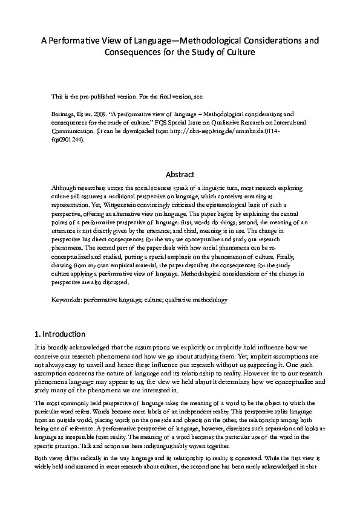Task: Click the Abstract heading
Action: (180, 174)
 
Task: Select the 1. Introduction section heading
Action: (60, 334)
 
